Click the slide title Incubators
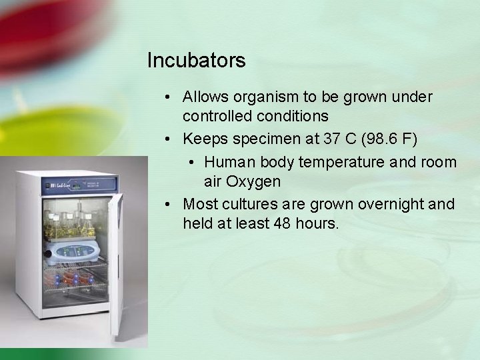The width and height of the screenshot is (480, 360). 196,61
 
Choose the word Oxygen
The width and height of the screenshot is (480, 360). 253,181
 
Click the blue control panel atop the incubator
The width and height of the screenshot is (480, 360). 80,183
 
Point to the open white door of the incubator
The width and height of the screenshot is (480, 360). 118,267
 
